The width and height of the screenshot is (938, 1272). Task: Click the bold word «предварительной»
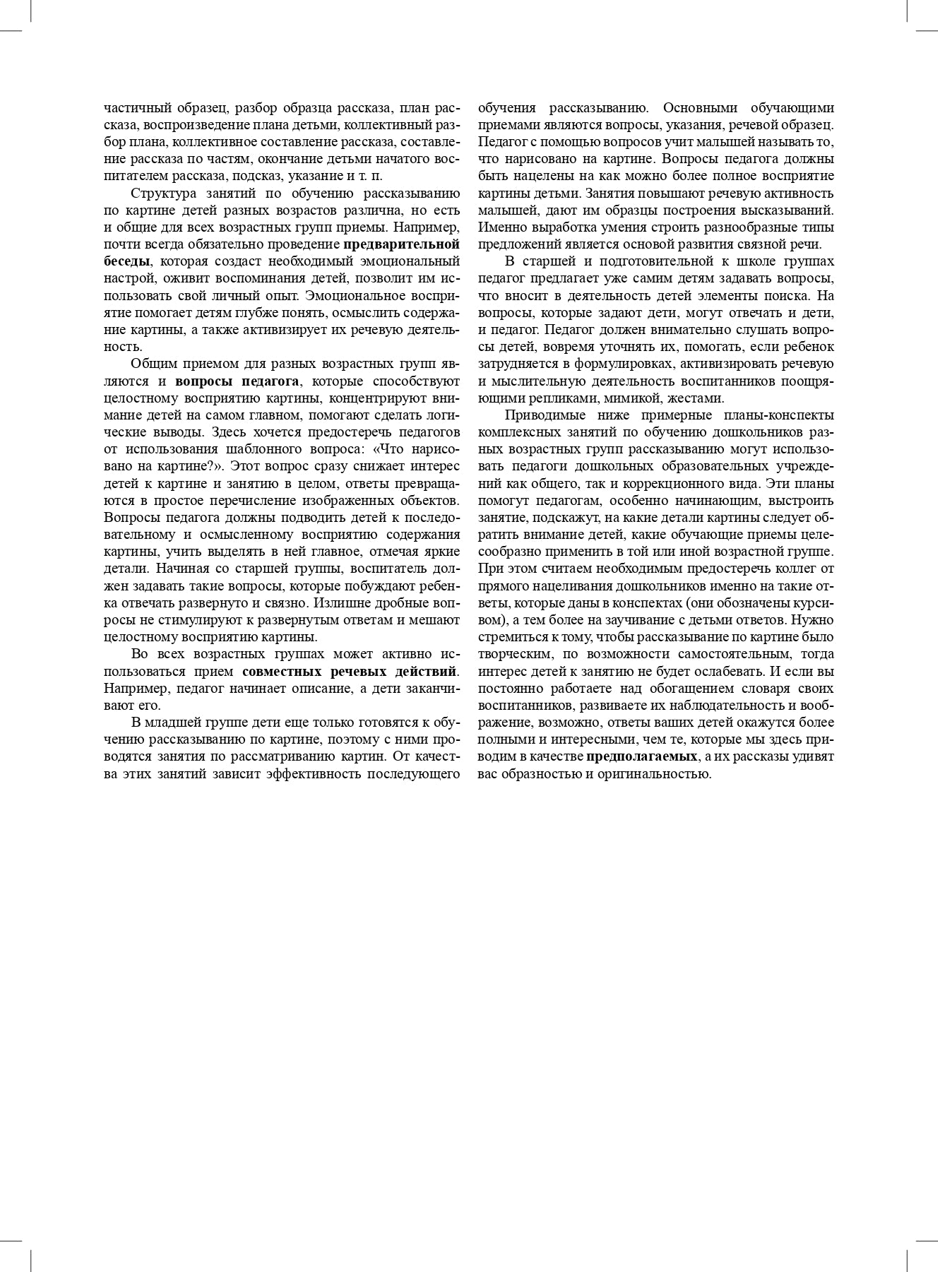point(401,244)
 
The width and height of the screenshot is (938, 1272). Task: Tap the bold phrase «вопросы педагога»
point(237,381)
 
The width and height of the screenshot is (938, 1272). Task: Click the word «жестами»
point(699,398)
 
